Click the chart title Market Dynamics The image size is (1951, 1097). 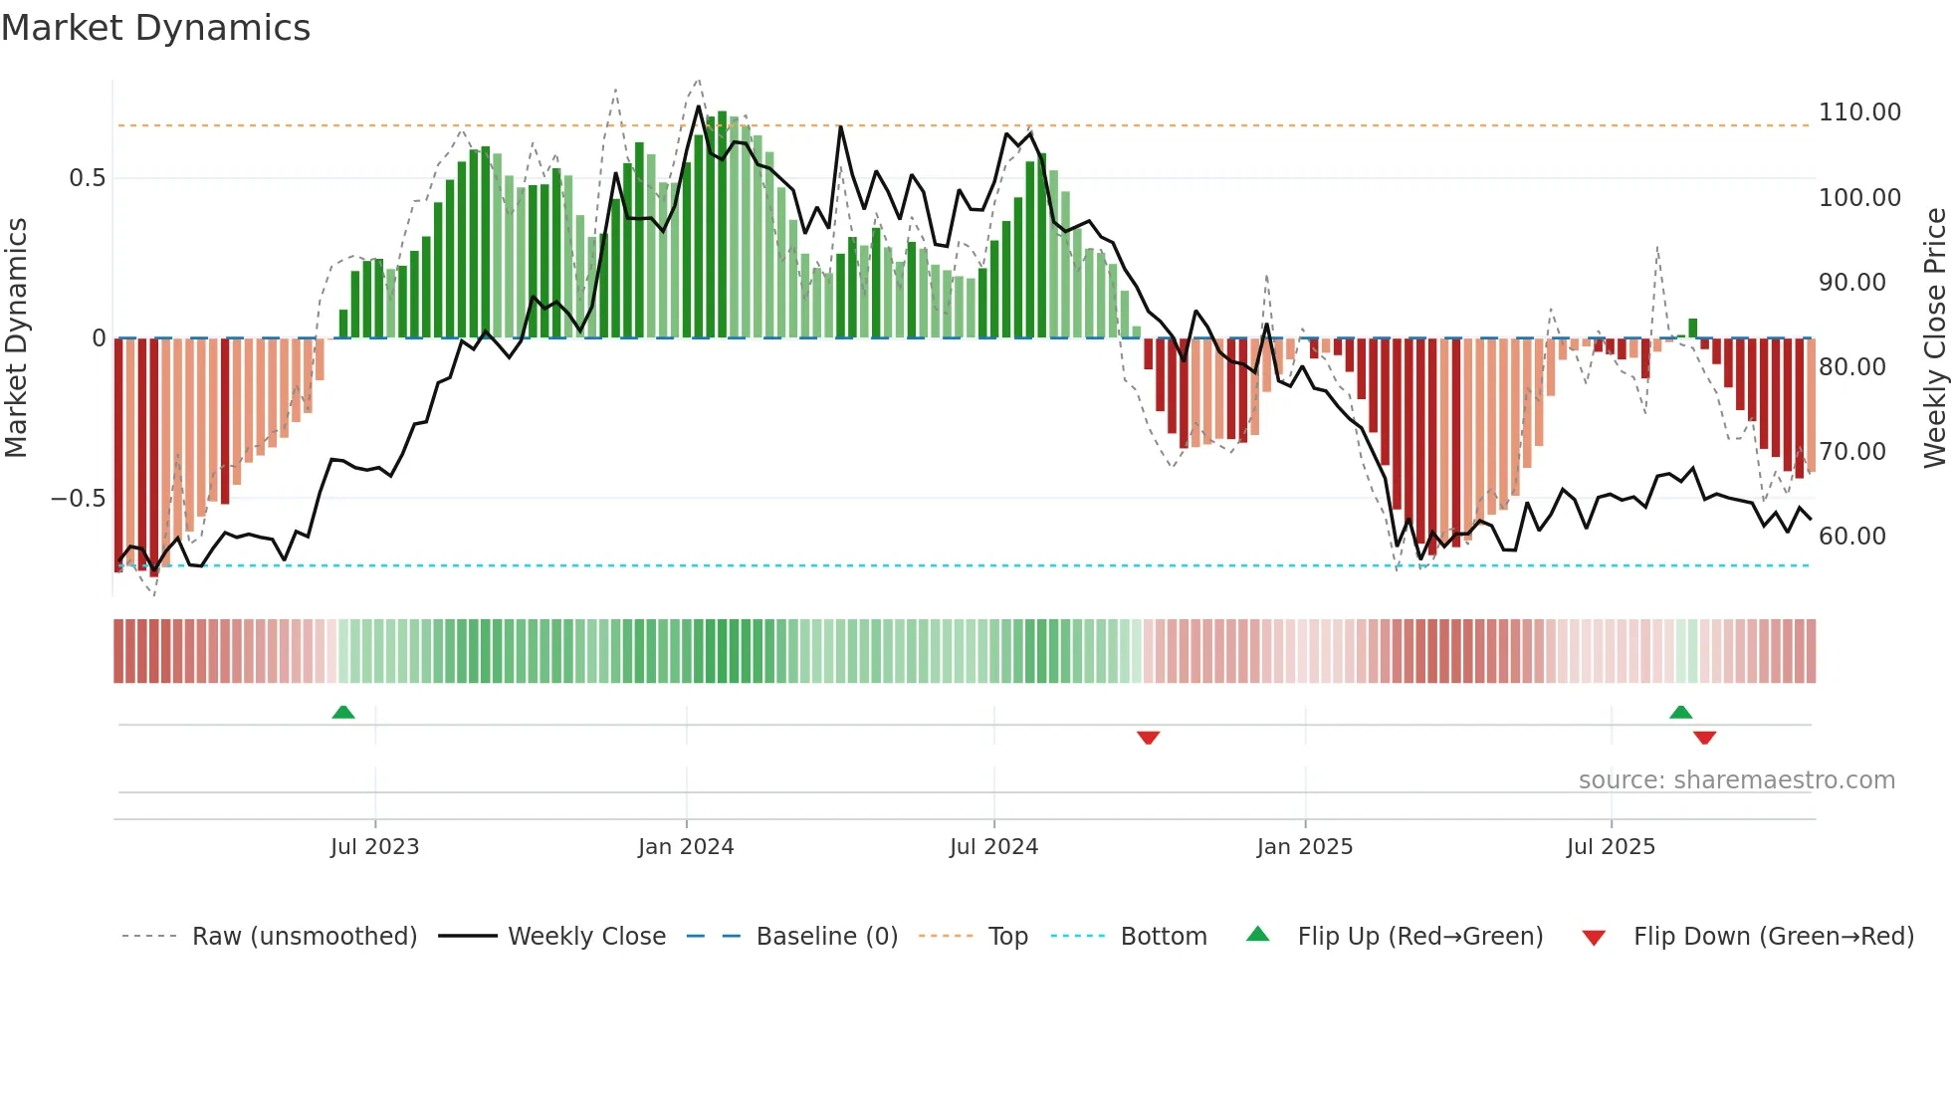click(155, 28)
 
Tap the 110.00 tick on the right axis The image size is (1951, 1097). click(1859, 112)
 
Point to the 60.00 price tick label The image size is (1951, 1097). click(1851, 537)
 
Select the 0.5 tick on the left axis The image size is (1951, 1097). click(87, 178)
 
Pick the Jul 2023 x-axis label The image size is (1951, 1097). click(374, 847)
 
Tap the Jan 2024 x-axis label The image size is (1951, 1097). click(686, 847)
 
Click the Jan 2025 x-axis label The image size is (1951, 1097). click(1304, 847)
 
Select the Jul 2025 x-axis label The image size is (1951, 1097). click(1611, 847)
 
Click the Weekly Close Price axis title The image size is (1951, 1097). click(1934, 338)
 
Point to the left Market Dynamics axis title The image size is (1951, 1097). click(16, 338)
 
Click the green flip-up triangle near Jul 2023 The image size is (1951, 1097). click(343, 712)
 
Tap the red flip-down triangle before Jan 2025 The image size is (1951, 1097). click(1148, 738)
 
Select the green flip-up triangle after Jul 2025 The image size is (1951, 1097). click(1680, 712)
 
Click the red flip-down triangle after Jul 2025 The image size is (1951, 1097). click(1704, 738)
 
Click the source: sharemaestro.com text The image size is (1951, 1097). click(1736, 780)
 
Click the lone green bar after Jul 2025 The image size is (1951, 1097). click(1692, 329)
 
